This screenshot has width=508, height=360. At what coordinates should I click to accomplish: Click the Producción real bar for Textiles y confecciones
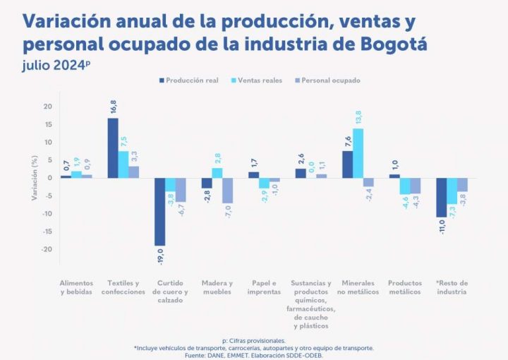click(x=113, y=148)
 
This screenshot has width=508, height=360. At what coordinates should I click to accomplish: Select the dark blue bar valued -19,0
click(x=160, y=212)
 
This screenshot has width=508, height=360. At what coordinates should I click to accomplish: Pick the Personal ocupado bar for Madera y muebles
click(x=227, y=191)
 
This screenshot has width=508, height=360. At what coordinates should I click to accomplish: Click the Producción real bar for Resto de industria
click(x=441, y=198)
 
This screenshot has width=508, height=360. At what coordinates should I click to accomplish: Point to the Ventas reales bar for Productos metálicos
click(x=404, y=186)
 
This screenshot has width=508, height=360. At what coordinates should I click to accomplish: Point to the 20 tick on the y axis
click(x=48, y=107)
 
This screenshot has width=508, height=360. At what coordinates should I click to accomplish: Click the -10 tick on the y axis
click(x=47, y=214)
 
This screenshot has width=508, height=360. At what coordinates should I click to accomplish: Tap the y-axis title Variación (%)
click(x=33, y=178)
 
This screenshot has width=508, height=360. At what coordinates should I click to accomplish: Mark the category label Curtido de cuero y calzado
click(x=170, y=292)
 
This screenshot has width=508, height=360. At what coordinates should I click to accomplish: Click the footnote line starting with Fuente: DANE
click(x=253, y=354)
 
